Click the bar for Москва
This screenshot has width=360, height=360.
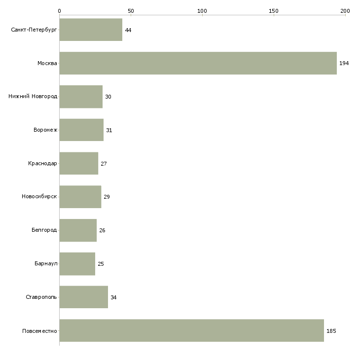pyautogui.click(x=198, y=63)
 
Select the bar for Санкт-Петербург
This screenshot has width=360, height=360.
pyautogui.click(x=91, y=30)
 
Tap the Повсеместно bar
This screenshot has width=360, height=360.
pyautogui.click(x=192, y=330)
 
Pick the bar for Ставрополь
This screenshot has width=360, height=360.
pyautogui.click(x=84, y=297)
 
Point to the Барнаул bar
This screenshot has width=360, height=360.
pyautogui.click(x=77, y=264)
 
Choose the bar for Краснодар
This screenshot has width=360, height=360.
pyautogui.click(x=79, y=163)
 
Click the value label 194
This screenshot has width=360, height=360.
pyautogui.click(x=344, y=63)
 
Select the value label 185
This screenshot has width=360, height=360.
pyautogui.click(x=331, y=331)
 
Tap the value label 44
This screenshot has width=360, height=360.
pyautogui.click(x=128, y=30)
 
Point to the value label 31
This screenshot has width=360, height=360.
pyautogui.click(x=109, y=130)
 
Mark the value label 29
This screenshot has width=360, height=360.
pyautogui.click(x=107, y=197)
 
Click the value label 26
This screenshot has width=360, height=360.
pyautogui.click(x=102, y=230)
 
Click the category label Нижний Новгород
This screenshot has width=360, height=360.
pyautogui.click(x=33, y=96)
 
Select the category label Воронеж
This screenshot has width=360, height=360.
pyautogui.click(x=45, y=130)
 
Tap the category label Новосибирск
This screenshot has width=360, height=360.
pyautogui.click(x=39, y=197)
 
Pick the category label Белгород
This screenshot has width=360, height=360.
pyautogui.click(x=44, y=230)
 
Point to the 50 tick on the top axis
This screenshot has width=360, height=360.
pyautogui.click(x=131, y=11)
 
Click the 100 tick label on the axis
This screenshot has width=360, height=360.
pyautogui.click(x=202, y=11)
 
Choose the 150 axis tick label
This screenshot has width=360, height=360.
pyautogui.click(x=274, y=11)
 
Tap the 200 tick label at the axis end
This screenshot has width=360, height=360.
pyautogui.click(x=345, y=11)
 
